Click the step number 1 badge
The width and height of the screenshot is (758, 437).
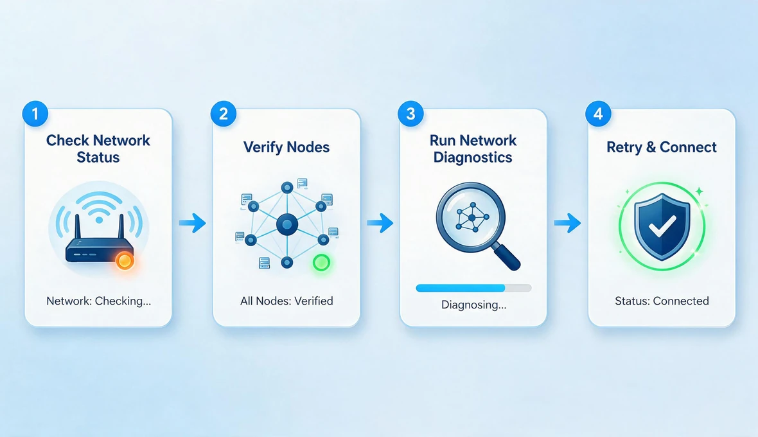[35, 114]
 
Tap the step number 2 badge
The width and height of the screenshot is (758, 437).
[223, 114]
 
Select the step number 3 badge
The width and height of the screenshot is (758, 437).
[410, 114]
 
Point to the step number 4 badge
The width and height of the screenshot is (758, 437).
[598, 114]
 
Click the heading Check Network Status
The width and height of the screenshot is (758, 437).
[98, 149]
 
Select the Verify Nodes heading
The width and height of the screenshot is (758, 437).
[286, 147]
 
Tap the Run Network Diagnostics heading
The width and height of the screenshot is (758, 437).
[473, 149]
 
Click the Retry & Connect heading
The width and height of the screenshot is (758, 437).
[661, 147]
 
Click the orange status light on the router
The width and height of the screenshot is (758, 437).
[125, 262]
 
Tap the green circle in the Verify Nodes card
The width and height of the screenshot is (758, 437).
[321, 262]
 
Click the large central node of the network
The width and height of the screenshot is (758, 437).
[287, 224]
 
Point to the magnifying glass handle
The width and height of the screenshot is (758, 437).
[507, 257]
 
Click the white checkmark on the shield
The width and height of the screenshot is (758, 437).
[662, 226]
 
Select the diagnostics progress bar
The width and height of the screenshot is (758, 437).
[474, 288]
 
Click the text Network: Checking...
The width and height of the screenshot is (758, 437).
[99, 301]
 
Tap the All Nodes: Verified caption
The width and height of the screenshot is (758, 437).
[286, 301]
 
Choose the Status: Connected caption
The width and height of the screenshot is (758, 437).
[662, 301]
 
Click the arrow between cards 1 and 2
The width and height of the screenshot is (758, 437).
[193, 223]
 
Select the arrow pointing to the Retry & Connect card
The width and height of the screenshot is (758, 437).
[567, 223]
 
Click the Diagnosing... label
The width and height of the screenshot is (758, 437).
[474, 305]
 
